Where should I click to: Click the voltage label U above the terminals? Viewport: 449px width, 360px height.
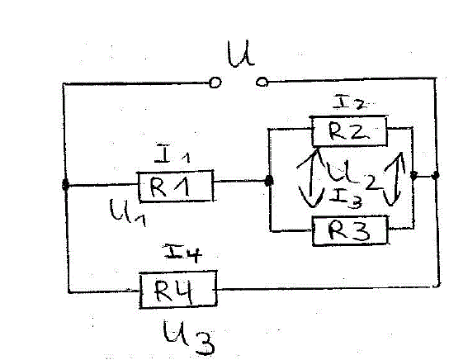pos(240,54)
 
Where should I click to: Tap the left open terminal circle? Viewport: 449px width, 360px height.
pos(215,83)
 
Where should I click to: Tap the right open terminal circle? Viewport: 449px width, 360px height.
pos(262,83)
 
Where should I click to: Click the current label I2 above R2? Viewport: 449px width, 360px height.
pos(350,103)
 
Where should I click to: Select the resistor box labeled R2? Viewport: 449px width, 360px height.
pos(349,131)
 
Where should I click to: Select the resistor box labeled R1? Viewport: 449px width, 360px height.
pos(176,187)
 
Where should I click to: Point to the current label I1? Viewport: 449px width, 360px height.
pos(172,154)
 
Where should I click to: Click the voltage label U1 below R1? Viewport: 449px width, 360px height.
pos(128,212)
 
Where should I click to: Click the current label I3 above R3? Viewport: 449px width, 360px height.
pos(346,199)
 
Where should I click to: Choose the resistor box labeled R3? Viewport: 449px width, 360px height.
pos(350,231)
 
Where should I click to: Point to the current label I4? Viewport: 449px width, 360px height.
pos(182,253)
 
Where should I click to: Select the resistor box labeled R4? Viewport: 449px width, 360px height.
pos(178,289)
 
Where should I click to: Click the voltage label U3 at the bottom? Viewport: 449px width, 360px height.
pos(189,339)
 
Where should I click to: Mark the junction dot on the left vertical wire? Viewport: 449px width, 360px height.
pos(65,185)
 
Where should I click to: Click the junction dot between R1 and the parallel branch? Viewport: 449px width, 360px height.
pos(268,181)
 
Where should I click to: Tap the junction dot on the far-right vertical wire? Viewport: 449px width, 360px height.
pos(435,175)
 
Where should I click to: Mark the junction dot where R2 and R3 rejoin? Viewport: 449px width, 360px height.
pos(414,175)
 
